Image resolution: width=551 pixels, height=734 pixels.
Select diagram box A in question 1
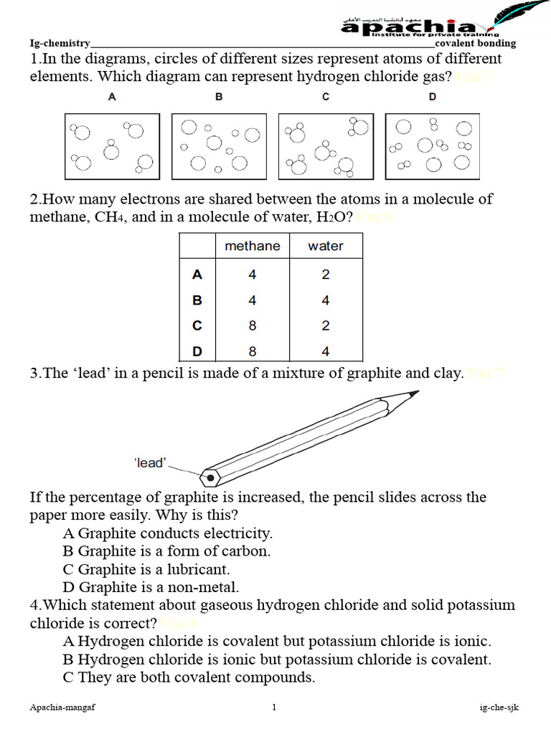click(x=113, y=146)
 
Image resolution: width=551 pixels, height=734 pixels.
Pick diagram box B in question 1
click(x=220, y=146)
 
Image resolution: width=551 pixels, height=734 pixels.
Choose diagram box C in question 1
click(x=326, y=146)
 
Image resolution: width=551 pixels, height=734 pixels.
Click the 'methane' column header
click(x=253, y=246)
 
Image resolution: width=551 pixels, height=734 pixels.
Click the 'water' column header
click(x=326, y=246)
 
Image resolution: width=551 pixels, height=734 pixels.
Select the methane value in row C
click(x=253, y=325)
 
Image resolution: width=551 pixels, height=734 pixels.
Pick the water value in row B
click(x=326, y=300)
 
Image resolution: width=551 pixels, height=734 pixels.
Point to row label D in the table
click(x=197, y=351)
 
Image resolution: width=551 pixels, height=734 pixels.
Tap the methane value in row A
click(x=253, y=274)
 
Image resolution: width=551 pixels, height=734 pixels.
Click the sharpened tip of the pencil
click(x=413, y=393)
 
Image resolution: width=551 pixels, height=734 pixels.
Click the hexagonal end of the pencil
click(x=209, y=476)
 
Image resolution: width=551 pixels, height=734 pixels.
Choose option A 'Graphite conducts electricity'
click(x=168, y=533)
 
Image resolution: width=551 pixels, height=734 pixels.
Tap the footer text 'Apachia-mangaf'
click(x=63, y=708)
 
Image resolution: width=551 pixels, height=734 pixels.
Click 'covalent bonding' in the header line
click(x=475, y=43)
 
